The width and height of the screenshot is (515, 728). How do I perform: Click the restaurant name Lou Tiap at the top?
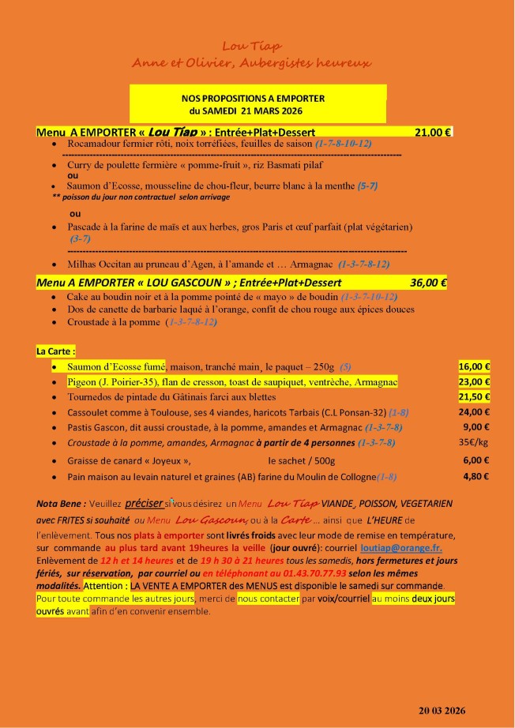point(252,47)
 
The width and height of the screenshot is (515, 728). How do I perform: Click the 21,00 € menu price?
point(433,132)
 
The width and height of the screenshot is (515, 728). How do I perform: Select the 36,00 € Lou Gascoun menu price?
point(429,282)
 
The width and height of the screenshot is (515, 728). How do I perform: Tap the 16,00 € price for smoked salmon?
point(476,366)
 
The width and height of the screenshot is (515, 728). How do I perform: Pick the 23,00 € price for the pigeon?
point(476,381)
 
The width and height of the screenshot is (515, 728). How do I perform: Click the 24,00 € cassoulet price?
point(476,411)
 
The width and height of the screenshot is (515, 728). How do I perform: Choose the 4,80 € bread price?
point(476,476)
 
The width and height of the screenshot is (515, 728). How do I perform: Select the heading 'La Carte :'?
point(56,350)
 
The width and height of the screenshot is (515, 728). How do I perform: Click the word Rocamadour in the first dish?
point(98,144)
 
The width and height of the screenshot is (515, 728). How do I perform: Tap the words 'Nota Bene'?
point(59,503)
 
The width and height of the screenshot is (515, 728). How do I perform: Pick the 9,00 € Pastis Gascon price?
point(477,427)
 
